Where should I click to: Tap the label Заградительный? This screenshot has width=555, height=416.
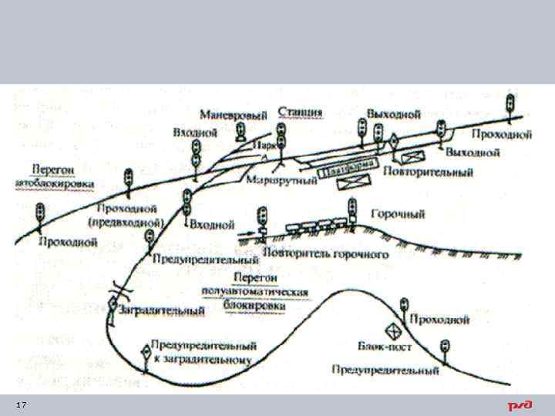click(162, 310)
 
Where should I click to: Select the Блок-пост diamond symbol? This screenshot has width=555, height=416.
click(393, 329)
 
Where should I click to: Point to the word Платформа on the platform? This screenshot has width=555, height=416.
click(349, 167)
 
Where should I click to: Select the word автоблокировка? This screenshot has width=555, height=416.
click(54, 184)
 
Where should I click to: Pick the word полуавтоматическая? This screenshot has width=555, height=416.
click(254, 293)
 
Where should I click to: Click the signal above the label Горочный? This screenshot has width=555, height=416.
click(352, 209)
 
